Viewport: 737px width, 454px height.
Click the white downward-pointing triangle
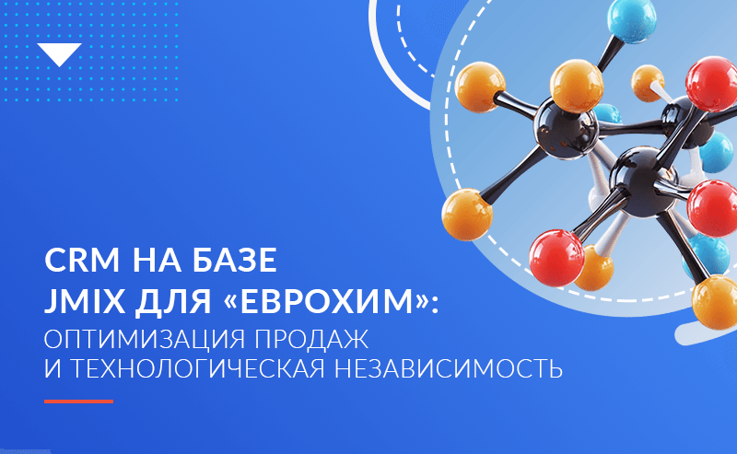coord(63,54)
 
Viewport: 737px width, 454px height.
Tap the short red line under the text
coord(79,402)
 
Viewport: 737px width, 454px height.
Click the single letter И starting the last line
coord(54,370)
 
